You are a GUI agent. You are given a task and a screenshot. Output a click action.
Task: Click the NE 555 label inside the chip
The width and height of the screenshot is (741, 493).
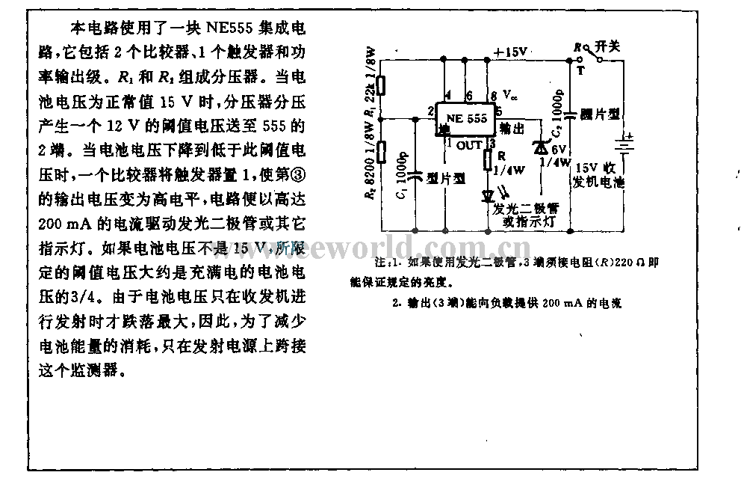pos(467,118)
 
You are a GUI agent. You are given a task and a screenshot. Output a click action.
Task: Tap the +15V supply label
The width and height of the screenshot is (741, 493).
pos(511,51)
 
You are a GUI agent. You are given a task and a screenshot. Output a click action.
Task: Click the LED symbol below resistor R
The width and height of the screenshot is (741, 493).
pos(489,195)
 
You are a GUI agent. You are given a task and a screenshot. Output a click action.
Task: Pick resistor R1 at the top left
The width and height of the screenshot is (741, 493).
pos(380,84)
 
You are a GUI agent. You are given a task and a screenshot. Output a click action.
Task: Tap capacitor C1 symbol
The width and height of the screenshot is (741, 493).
pos(415,175)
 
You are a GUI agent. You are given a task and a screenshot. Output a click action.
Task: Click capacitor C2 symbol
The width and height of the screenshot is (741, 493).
pos(570,114)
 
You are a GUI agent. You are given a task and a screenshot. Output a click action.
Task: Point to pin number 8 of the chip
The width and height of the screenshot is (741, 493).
pos(494,96)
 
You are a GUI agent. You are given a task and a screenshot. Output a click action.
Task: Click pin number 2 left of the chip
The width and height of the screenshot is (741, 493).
pos(431,112)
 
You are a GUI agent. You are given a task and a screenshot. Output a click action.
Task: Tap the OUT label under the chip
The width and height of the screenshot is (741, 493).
pos(470,145)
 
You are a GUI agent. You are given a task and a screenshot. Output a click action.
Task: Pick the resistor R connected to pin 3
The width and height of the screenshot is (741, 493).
pos(489,160)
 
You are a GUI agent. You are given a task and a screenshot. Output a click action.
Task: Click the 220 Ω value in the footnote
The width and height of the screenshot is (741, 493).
pos(621,264)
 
